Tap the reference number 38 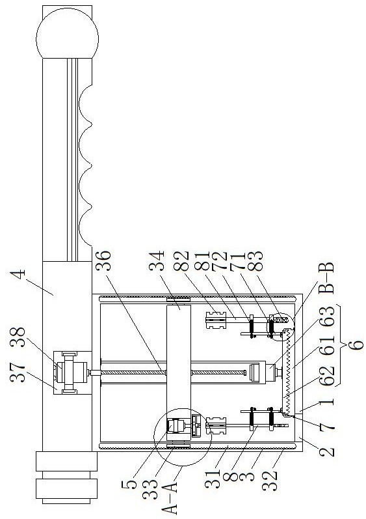[x=18, y=337]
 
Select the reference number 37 [x=18, y=371]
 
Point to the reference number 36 [x=103, y=260]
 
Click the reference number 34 [x=157, y=261]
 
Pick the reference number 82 [x=182, y=261]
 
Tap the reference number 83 [x=256, y=261]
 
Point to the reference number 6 [x=356, y=344]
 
